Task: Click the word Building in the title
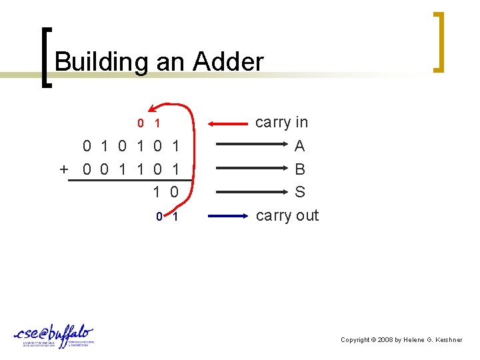(102, 62)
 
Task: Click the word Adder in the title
(229, 62)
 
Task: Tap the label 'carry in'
(282, 122)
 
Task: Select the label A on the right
(299, 145)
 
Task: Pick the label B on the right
(299, 169)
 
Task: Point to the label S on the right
(300, 192)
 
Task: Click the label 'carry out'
(287, 215)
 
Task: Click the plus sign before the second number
(64, 169)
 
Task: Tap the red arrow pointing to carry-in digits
(226, 123)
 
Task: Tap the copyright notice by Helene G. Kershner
(401, 340)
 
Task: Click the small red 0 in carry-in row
(140, 123)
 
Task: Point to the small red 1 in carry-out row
(175, 216)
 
